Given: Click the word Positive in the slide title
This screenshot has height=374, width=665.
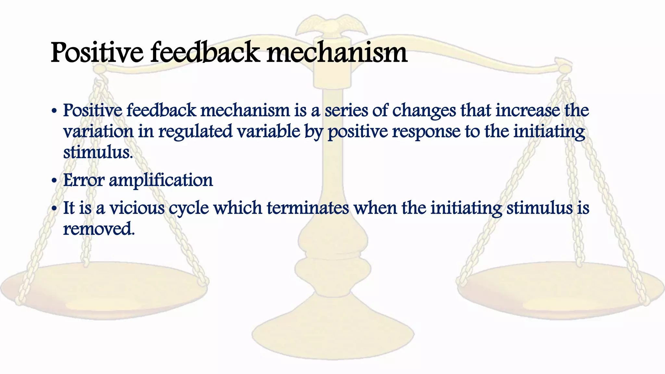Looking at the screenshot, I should point(97,53).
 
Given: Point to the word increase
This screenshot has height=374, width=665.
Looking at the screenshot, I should point(528,110).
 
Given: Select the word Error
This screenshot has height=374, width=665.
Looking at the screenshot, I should point(83,180).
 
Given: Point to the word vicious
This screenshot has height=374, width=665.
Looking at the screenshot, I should point(137,208).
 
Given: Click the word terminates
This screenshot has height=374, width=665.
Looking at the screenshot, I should point(308,208).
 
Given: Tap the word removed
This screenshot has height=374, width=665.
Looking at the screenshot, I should point(98,229).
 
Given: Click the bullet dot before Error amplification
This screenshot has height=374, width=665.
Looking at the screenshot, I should point(54,181).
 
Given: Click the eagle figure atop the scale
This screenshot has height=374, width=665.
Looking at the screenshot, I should point(332,26).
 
